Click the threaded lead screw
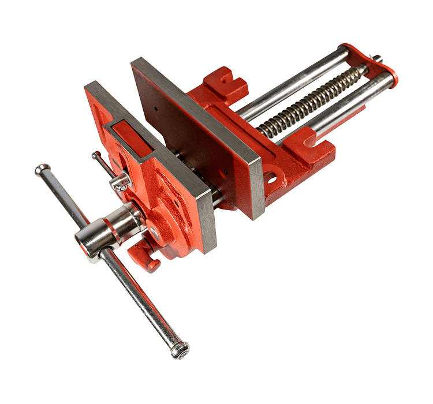coord(312,104)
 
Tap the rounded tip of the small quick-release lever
coord(95,155)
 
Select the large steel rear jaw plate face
coord(196,133)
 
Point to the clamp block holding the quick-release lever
coord(120,183)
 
